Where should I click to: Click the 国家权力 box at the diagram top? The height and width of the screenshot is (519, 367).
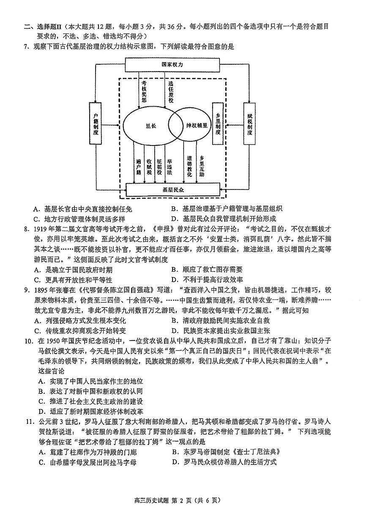pos(173,65)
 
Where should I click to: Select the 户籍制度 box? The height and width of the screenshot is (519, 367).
pos(96,124)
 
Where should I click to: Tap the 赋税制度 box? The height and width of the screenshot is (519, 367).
pos(250,124)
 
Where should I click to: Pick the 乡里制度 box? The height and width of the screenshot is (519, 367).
pos(217,124)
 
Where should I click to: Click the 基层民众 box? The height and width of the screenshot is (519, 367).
pos(173,190)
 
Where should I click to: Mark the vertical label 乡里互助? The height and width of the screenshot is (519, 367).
pos(202,165)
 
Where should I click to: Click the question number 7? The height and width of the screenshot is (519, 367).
pos(26,47)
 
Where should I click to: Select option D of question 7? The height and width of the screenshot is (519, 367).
pos(224,219)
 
